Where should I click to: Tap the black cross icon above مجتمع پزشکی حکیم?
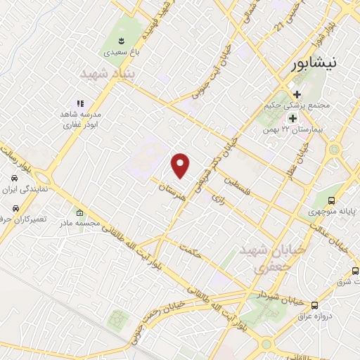click(x=297, y=94)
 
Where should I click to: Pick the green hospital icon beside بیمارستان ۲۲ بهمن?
click(x=292, y=117)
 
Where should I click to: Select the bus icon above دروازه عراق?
click(x=314, y=305)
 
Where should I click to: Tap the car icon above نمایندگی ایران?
click(x=14, y=178)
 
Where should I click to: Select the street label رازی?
click(x=217, y=198)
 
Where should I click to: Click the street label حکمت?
click(x=191, y=251)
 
